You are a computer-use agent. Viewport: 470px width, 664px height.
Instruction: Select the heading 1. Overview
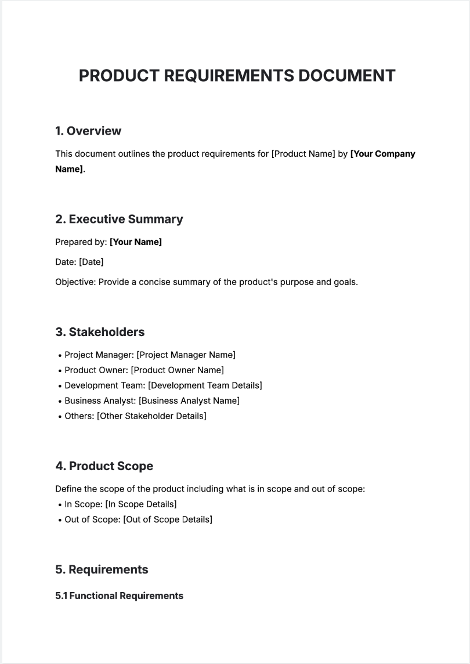tap(88, 131)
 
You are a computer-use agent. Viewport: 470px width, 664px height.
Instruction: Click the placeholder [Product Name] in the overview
tap(303, 154)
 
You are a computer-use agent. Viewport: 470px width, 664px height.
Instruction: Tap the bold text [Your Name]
tap(136, 242)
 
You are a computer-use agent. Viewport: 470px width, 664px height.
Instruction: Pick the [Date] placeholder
tap(91, 262)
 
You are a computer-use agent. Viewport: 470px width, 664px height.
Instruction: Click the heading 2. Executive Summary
tap(119, 219)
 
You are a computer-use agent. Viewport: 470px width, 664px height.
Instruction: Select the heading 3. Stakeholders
tap(100, 332)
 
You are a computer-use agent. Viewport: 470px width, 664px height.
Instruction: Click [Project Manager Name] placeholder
tap(186, 355)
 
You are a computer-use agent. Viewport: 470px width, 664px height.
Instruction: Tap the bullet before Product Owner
tap(60, 370)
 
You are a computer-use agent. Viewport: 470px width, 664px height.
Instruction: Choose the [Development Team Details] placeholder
tap(205, 385)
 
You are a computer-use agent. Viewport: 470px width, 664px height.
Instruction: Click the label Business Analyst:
tap(100, 400)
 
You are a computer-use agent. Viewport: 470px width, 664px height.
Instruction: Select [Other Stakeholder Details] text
tap(151, 416)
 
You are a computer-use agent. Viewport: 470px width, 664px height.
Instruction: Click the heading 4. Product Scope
tap(104, 466)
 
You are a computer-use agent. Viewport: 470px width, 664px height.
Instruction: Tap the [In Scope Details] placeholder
tap(141, 504)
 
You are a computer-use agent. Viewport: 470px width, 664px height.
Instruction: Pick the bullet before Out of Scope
tap(60, 519)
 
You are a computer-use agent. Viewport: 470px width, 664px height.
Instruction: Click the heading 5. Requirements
tap(102, 569)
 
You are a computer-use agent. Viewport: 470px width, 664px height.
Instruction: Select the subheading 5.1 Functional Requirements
tap(119, 596)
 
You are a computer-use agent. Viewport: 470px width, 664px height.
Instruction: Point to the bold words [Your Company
tap(382, 154)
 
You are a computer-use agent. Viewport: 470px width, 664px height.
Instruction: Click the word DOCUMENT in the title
tap(347, 75)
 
